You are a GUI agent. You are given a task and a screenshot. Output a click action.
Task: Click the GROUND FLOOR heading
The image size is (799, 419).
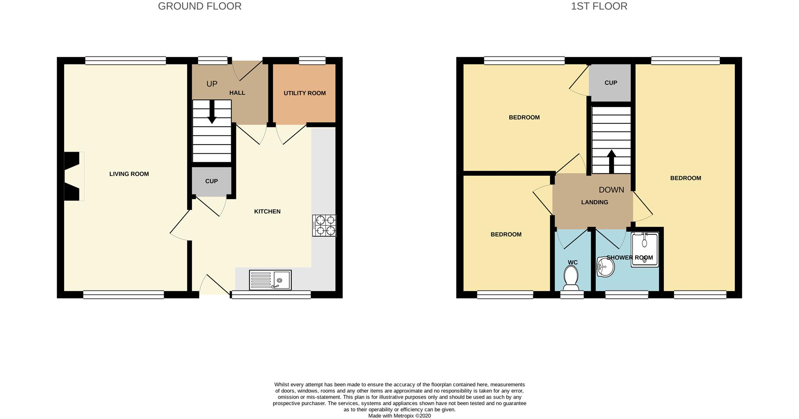[199, 6]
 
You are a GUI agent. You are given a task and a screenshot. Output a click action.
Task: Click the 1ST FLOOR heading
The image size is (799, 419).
[599, 6]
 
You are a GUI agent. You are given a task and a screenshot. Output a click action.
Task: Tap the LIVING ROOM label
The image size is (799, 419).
[129, 174]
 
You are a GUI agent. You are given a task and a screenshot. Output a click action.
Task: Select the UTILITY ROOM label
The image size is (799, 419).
[305, 93]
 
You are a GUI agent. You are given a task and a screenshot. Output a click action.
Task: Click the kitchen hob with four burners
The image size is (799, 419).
[324, 225]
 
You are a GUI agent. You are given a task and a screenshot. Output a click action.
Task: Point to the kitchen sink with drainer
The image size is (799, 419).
[270, 280]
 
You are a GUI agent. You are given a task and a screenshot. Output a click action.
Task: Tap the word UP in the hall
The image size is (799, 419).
[212, 84]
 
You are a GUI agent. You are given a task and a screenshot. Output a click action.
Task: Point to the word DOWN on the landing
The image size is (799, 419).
[611, 190]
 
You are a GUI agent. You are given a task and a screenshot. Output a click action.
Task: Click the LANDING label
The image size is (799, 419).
[594, 202]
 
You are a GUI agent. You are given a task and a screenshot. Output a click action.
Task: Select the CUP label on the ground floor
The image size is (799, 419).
[211, 181]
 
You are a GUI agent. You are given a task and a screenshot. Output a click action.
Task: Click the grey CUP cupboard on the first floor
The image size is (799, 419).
[610, 83]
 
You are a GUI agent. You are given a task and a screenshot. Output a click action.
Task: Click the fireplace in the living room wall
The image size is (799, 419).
[72, 176]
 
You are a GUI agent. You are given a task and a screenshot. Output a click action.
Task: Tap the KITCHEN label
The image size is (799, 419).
[267, 212]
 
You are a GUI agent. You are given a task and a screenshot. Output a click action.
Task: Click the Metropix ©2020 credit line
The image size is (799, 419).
[399, 416]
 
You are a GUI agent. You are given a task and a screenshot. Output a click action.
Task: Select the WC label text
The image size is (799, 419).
[573, 262]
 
